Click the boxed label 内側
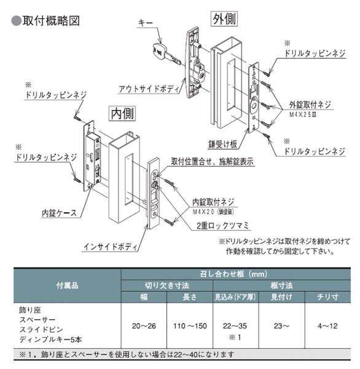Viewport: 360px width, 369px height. pos(121,113)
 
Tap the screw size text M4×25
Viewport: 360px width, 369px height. pos(310,113)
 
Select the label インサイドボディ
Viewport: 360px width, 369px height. pos(108,247)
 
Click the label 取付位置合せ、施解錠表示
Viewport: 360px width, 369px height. pos(216,161)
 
